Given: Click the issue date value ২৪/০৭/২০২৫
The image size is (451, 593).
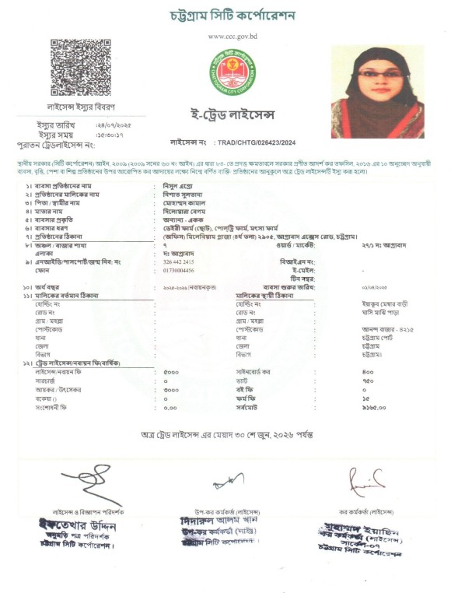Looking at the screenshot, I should [114, 124].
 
